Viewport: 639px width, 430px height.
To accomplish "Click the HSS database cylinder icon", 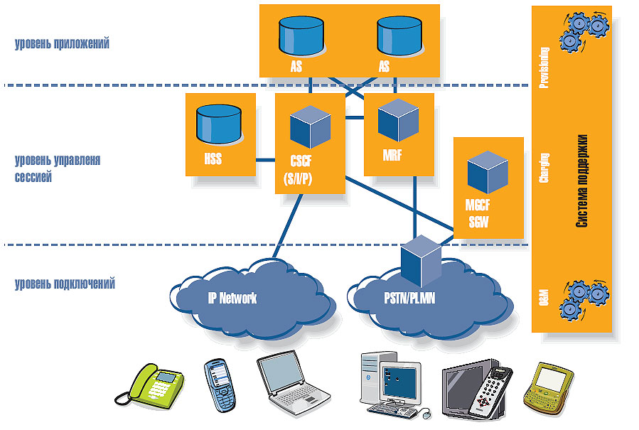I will pyautogui.click(x=218, y=124).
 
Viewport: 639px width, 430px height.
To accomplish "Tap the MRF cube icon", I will pyautogui.click(x=397, y=119).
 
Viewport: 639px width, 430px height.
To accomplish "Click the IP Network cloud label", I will pyautogui.click(x=232, y=299).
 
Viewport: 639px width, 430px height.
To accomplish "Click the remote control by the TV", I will pyautogui.click(x=490, y=390).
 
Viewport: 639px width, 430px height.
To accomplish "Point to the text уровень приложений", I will pyautogui.click(x=62, y=43).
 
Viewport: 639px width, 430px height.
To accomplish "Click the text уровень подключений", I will pyautogui.click(x=65, y=284).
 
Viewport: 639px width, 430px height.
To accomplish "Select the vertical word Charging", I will pyautogui.click(x=544, y=168).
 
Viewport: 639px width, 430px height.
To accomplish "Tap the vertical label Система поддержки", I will pyautogui.click(x=581, y=181).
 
